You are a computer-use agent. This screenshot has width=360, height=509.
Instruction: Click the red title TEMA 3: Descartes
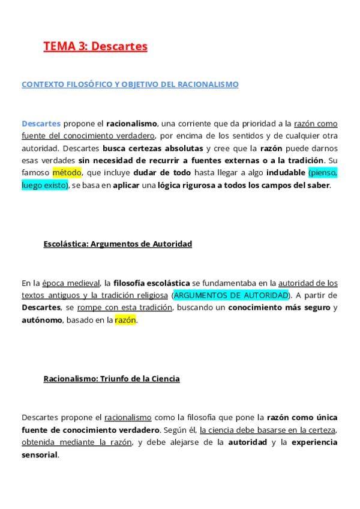click(x=95, y=46)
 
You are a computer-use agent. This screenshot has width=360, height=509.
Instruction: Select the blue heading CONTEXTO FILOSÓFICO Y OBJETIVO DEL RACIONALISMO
click(x=130, y=85)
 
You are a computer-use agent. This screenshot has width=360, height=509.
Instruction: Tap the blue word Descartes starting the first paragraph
click(x=41, y=124)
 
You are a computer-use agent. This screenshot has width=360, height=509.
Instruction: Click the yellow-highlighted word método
click(x=67, y=172)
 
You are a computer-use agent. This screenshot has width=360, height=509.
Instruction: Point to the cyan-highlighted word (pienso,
click(x=323, y=172)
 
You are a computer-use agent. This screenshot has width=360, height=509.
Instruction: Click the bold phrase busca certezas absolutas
click(x=153, y=148)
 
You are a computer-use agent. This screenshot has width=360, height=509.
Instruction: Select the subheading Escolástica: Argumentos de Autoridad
click(x=118, y=244)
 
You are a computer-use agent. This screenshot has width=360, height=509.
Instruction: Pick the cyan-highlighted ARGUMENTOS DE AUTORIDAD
click(x=229, y=296)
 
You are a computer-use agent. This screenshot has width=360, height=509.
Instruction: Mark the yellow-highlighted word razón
click(x=125, y=320)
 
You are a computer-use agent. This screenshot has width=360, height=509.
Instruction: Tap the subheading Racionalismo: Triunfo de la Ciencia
click(x=112, y=379)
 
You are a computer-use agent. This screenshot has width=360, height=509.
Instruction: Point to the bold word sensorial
click(x=40, y=455)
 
